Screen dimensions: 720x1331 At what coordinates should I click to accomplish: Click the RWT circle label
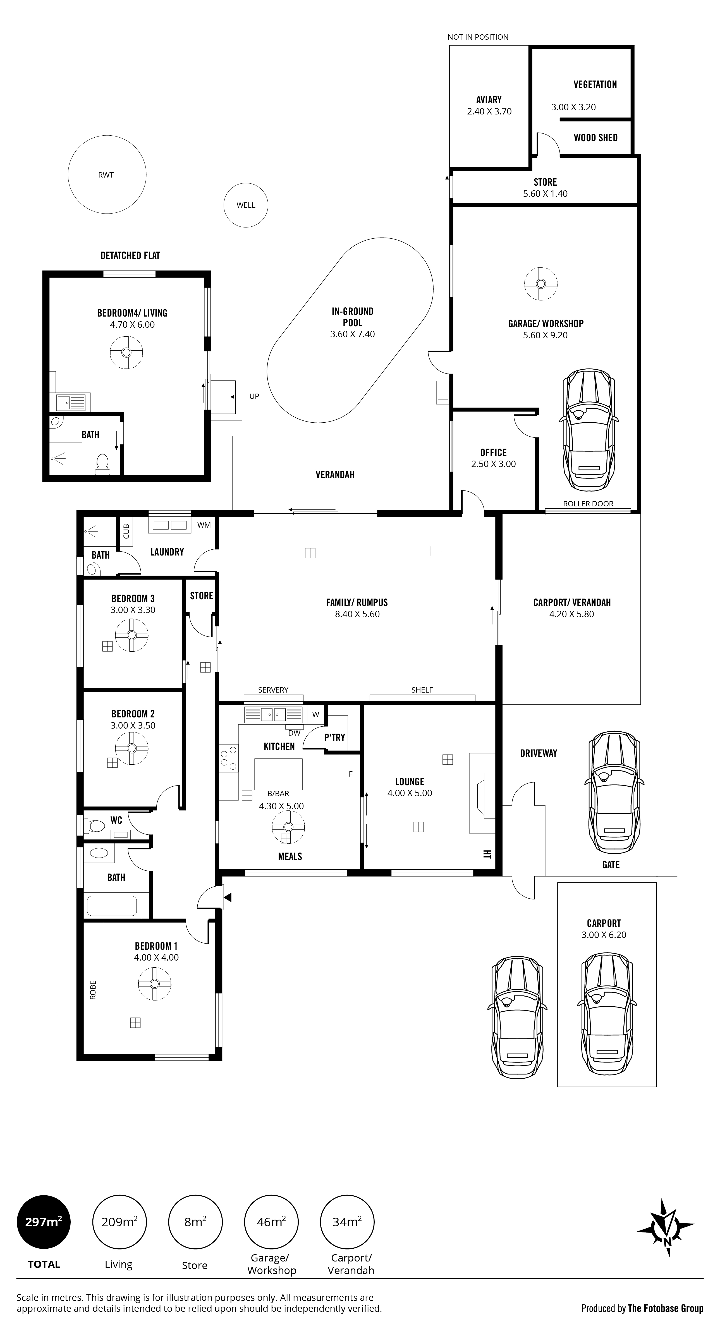pos(106,175)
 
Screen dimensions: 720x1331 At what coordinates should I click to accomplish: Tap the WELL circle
pos(246,205)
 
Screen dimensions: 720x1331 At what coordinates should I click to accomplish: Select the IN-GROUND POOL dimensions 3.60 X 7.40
pos(353,334)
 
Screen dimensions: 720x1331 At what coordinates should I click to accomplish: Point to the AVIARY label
pos(489,100)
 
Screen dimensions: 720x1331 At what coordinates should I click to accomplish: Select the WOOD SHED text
pos(595,138)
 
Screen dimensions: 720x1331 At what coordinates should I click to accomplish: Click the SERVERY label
pos(273,690)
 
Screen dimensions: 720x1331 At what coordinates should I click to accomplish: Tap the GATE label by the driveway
pos(611,865)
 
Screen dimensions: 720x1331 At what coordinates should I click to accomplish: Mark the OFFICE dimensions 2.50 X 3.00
pos(494,464)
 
